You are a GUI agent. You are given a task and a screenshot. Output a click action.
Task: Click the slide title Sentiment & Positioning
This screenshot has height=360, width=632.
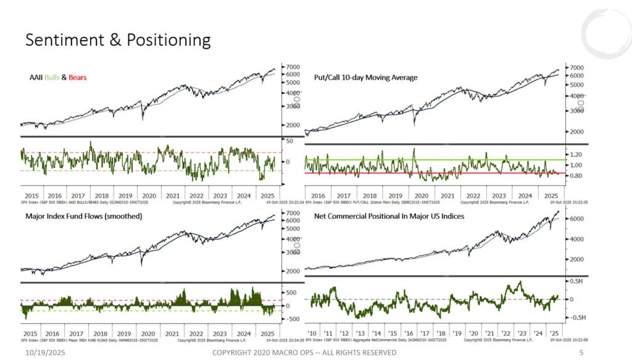(117, 40)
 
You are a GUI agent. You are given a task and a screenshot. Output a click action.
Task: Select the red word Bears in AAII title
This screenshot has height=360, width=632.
(78, 77)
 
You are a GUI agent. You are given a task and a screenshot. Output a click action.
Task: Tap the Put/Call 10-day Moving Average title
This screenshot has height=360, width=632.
(361, 77)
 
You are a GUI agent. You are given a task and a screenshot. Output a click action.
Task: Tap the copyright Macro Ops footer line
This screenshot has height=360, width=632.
(304, 352)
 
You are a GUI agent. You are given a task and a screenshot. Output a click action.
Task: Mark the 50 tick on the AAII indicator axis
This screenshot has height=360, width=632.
(288, 141)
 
